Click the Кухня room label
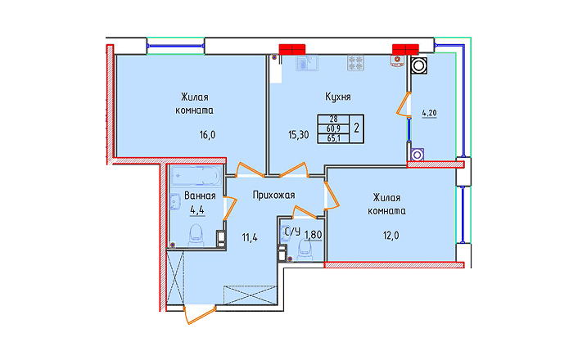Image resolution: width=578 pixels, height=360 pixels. coord(337,97)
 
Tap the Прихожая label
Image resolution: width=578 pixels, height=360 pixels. coord(273,195)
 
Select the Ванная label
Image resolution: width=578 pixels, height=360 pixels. coord(200,195)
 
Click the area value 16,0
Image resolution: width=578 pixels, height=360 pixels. coord(207,135)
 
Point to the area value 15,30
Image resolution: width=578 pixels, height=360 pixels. coord(298,135)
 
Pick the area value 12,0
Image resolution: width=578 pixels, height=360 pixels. coord(391,236)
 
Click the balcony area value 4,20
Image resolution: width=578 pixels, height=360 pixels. coord(429,113)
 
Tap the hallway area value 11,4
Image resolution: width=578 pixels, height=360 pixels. coord(250,237)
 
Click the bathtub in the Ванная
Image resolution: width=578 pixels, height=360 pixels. coord(196,176)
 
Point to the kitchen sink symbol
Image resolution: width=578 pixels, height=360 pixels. coord(307,63)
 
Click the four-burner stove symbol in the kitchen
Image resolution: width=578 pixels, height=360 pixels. coord(355,63)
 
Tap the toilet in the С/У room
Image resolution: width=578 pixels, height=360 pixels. coord(305,250)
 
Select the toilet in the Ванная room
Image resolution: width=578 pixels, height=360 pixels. coord(196,236)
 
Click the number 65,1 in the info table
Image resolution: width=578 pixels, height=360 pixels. coord(333,138)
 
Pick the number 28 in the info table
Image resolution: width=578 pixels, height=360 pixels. coord(333,119)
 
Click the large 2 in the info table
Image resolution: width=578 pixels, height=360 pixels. coord(356,128)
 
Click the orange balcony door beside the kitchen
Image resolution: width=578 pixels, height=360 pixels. coord(402,105)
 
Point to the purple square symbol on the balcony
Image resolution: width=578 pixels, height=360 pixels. coord(416,155)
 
